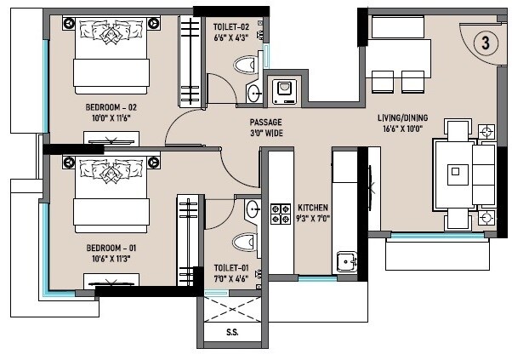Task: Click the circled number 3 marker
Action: tap(484, 43)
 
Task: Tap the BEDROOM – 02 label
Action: tap(111, 107)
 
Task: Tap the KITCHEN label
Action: tap(313, 208)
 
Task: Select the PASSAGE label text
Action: tap(265, 122)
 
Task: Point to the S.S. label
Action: tap(232, 333)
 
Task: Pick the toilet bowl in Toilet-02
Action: tap(247, 65)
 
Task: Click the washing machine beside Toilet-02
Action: tap(282, 89)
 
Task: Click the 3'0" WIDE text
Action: tap(265, 133)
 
